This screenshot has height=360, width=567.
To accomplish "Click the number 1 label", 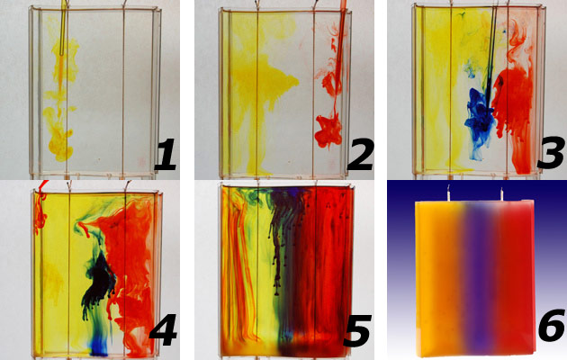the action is click(166, 154).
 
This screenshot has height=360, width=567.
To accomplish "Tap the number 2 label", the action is click(360, 154).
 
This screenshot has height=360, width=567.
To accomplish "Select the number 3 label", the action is click(552, 152).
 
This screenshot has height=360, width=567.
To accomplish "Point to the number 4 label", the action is click(164, 330).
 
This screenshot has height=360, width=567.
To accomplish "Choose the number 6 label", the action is click(552, 325).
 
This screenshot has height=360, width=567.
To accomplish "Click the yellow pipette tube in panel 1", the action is click(64, 28).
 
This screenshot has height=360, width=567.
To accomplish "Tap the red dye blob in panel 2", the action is click(328, 130).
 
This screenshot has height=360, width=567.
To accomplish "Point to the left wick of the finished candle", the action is click(448, 193).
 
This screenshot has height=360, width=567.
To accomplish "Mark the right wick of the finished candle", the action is click(501, 193).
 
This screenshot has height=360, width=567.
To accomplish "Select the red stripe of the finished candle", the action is click(514, 278).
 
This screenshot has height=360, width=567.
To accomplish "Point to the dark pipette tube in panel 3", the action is click(490, 58).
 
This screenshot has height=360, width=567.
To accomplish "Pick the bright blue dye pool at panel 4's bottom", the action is click(99, 346).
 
